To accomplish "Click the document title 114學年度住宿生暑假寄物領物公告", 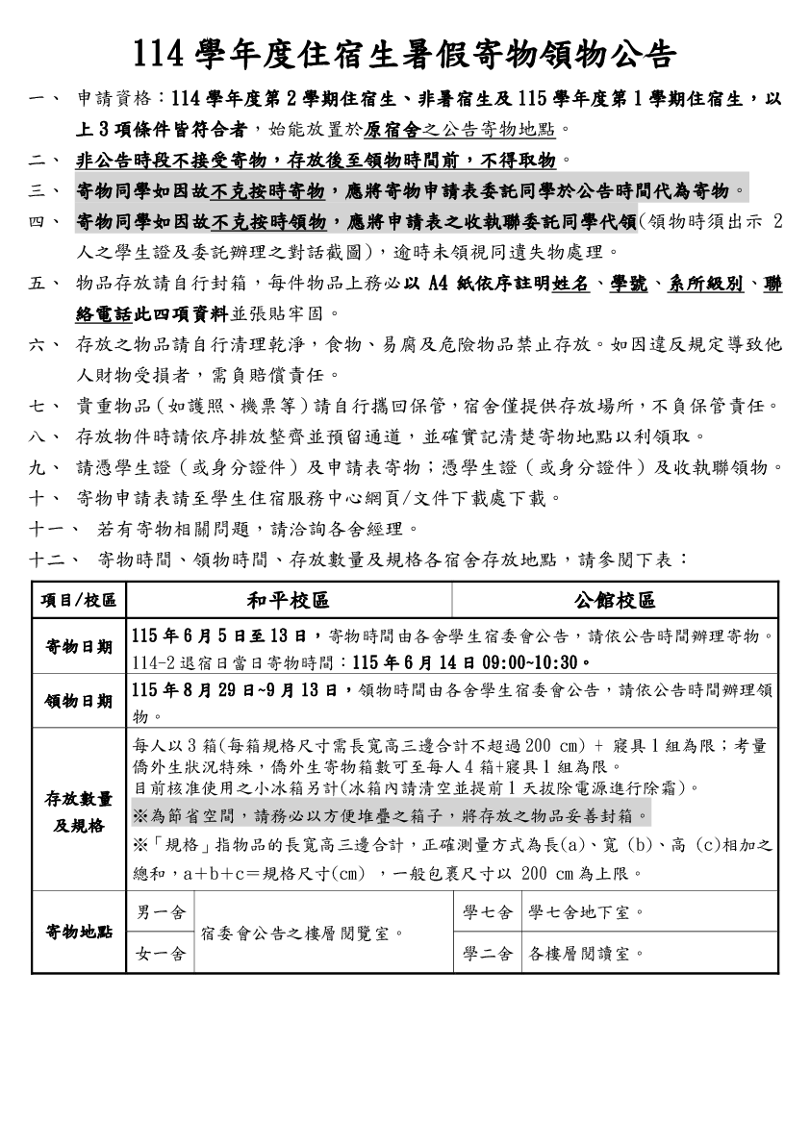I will click(x=404, y=54).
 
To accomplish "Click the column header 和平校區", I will click(x=288, y=601).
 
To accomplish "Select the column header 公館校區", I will click(x=615, y=601).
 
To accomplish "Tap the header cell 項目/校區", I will click(x=79, y=601).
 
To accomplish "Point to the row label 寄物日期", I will click(x=79, y=646).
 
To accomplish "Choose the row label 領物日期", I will click(x=79, y=700).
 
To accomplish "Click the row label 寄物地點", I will click(x=79, y=932).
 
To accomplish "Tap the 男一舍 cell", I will click(x=161, y=911).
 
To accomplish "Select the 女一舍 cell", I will click(x=161, y=953).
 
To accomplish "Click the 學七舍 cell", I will click(x=488, y=911).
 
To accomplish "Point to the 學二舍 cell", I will click(x=488, y=953).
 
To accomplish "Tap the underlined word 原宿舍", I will click(x=392, y=129).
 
